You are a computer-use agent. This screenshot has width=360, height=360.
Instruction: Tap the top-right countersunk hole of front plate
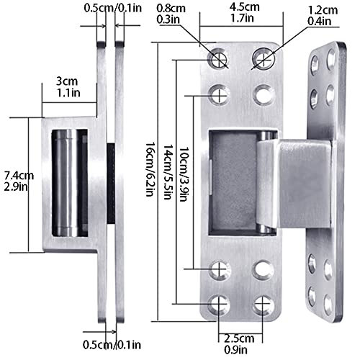click(x=264, y=57)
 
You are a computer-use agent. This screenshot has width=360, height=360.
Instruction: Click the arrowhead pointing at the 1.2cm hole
click(x=268, y=55)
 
